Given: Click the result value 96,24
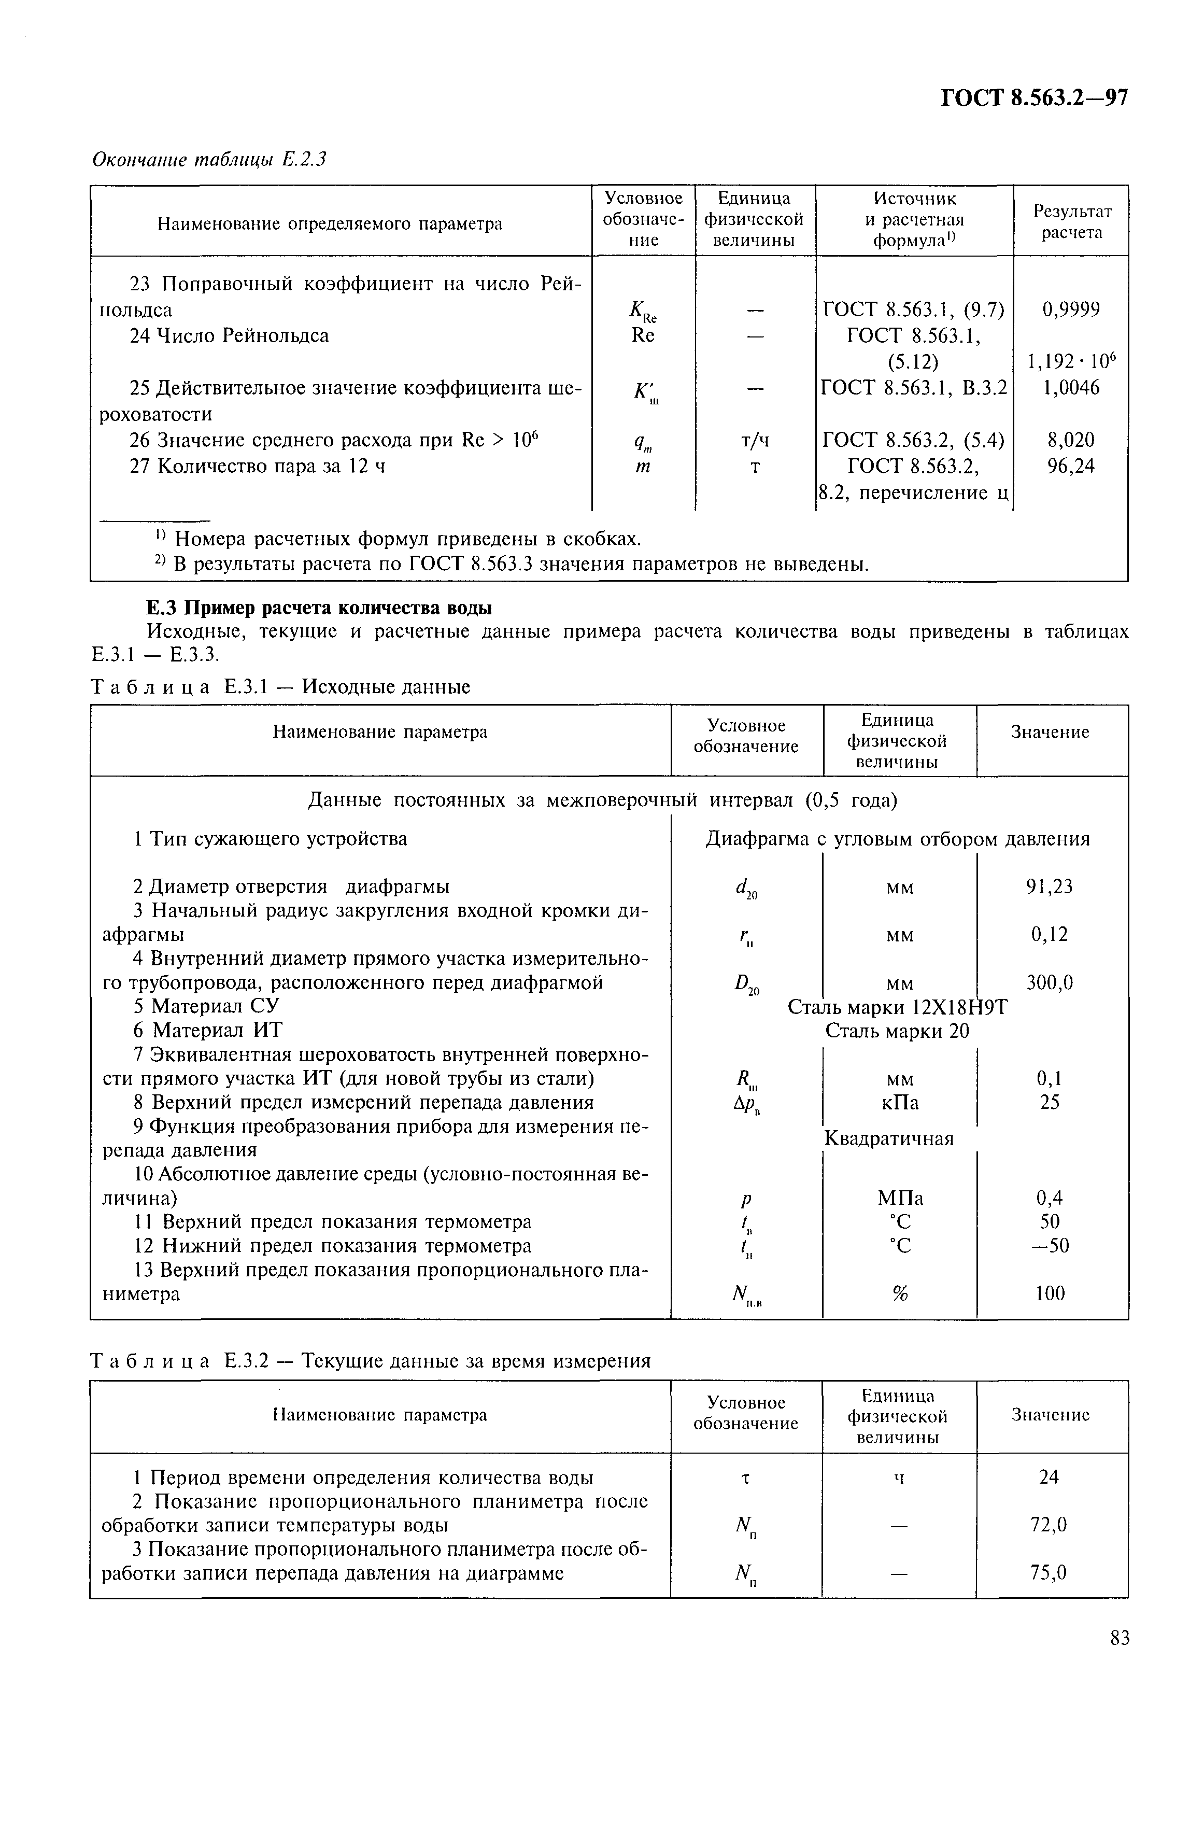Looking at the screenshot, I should (1071, 466).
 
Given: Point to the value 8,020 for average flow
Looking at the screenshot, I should (1071, 440).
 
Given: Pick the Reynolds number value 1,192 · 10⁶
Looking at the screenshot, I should (1071, 361).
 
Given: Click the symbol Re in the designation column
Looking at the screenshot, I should (643, 335).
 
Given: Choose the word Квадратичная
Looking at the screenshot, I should (889, 1138).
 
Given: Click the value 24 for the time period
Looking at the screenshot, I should (1049, 1476).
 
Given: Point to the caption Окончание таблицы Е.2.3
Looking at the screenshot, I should (209, 159).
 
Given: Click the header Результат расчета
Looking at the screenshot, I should (1071, 221).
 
